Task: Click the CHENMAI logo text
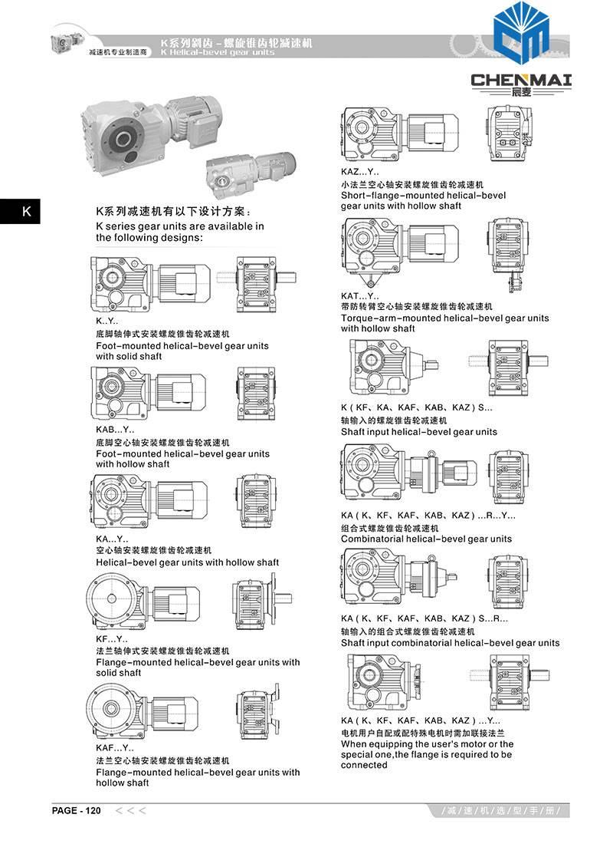pyautogui.click(x=522, y=80)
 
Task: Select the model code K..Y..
pyautogui.click(x=107, y=322)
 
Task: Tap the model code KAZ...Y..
pyautogui.click(x=360, y=173)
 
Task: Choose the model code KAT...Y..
pyautogui.click(x=360, y=295)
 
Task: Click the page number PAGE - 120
pyautogui.click(x=77, y=810)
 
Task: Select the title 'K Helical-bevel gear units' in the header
pyautogui.click(x=218, y=53)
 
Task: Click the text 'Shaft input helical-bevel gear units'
pyautogui.click(x=418, y=432)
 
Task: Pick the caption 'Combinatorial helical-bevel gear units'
pyautogui.click(x=426, y=539)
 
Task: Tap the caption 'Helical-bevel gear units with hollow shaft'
pyautogui.click(x=187, y=562)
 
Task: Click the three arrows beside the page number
pyautogui.click(x=130, y=810)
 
